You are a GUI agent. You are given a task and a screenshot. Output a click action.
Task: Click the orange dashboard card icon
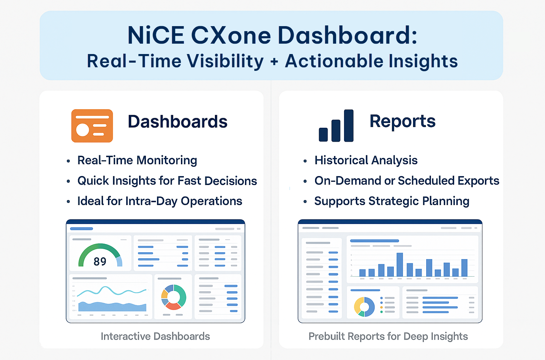92,126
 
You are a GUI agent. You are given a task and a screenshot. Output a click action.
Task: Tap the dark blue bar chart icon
336,126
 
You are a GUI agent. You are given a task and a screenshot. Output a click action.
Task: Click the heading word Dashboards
177,122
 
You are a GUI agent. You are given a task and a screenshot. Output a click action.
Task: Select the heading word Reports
402,121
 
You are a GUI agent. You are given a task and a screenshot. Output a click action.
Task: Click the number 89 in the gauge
100,262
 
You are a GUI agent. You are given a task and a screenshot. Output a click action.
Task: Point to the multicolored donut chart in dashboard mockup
174,297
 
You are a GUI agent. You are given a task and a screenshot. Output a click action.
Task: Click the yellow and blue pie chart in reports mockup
364,307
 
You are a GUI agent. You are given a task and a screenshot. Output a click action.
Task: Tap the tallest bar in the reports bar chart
399,264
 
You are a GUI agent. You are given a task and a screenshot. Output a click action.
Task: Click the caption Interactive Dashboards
155,336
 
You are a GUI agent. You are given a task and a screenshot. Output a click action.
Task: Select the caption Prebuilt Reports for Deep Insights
388,336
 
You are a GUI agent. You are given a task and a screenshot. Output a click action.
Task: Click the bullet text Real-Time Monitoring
137,160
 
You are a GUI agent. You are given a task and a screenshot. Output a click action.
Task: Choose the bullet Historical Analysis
366,160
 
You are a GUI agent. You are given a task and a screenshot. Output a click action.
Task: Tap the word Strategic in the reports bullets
393,201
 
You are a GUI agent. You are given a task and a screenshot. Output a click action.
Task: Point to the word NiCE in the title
156,35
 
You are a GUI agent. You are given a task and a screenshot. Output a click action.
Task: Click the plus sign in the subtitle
274,62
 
